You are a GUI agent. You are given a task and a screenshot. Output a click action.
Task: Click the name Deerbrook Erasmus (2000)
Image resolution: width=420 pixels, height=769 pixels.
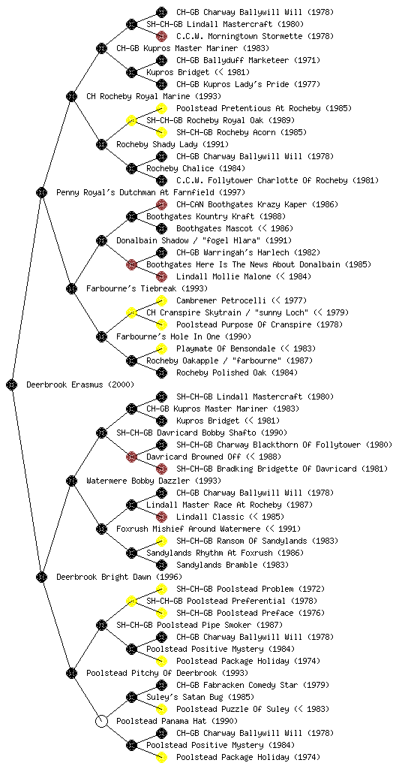tap(79, 385)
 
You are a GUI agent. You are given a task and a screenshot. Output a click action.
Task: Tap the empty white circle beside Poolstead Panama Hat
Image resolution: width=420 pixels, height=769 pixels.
tap(101, 722)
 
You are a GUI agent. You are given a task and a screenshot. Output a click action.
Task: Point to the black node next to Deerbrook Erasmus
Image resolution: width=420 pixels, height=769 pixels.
tap(12, 385)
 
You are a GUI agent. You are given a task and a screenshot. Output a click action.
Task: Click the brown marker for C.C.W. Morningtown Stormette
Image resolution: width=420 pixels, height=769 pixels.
tap(161, 36)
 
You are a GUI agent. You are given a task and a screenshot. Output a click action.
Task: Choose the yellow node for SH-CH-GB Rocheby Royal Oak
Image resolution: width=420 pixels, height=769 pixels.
tap(131, 121)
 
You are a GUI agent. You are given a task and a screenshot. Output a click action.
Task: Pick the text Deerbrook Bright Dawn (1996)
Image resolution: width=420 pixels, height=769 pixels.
tap(119, 578)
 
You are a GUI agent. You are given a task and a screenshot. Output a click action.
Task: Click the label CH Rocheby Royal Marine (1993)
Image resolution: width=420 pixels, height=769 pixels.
tap(154, 97)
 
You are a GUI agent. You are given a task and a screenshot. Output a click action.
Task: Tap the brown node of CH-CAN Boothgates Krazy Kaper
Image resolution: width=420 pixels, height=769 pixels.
tap(161, 204)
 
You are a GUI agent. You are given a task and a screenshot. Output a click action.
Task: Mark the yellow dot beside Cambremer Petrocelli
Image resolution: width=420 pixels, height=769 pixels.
tap(161, 300)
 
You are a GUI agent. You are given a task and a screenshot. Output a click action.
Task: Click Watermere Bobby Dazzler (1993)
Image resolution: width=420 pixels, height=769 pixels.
tap(154, 481)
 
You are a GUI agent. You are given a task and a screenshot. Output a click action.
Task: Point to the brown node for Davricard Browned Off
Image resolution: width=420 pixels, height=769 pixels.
tap(131, 457)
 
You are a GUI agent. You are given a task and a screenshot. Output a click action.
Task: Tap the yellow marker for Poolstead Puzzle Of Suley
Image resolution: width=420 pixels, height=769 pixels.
tap(161, 709)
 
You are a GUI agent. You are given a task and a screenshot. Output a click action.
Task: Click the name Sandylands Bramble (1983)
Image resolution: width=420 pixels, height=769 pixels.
tap(232, 565)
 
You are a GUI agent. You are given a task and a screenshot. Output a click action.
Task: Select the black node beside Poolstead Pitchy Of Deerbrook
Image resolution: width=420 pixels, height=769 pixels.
tap(71, 674)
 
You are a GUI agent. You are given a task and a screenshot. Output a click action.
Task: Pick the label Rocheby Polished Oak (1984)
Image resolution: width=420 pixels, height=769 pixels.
tap(237, 372)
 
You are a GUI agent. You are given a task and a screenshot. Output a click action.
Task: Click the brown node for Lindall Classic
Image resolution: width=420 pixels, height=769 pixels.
tap(161, 517)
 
